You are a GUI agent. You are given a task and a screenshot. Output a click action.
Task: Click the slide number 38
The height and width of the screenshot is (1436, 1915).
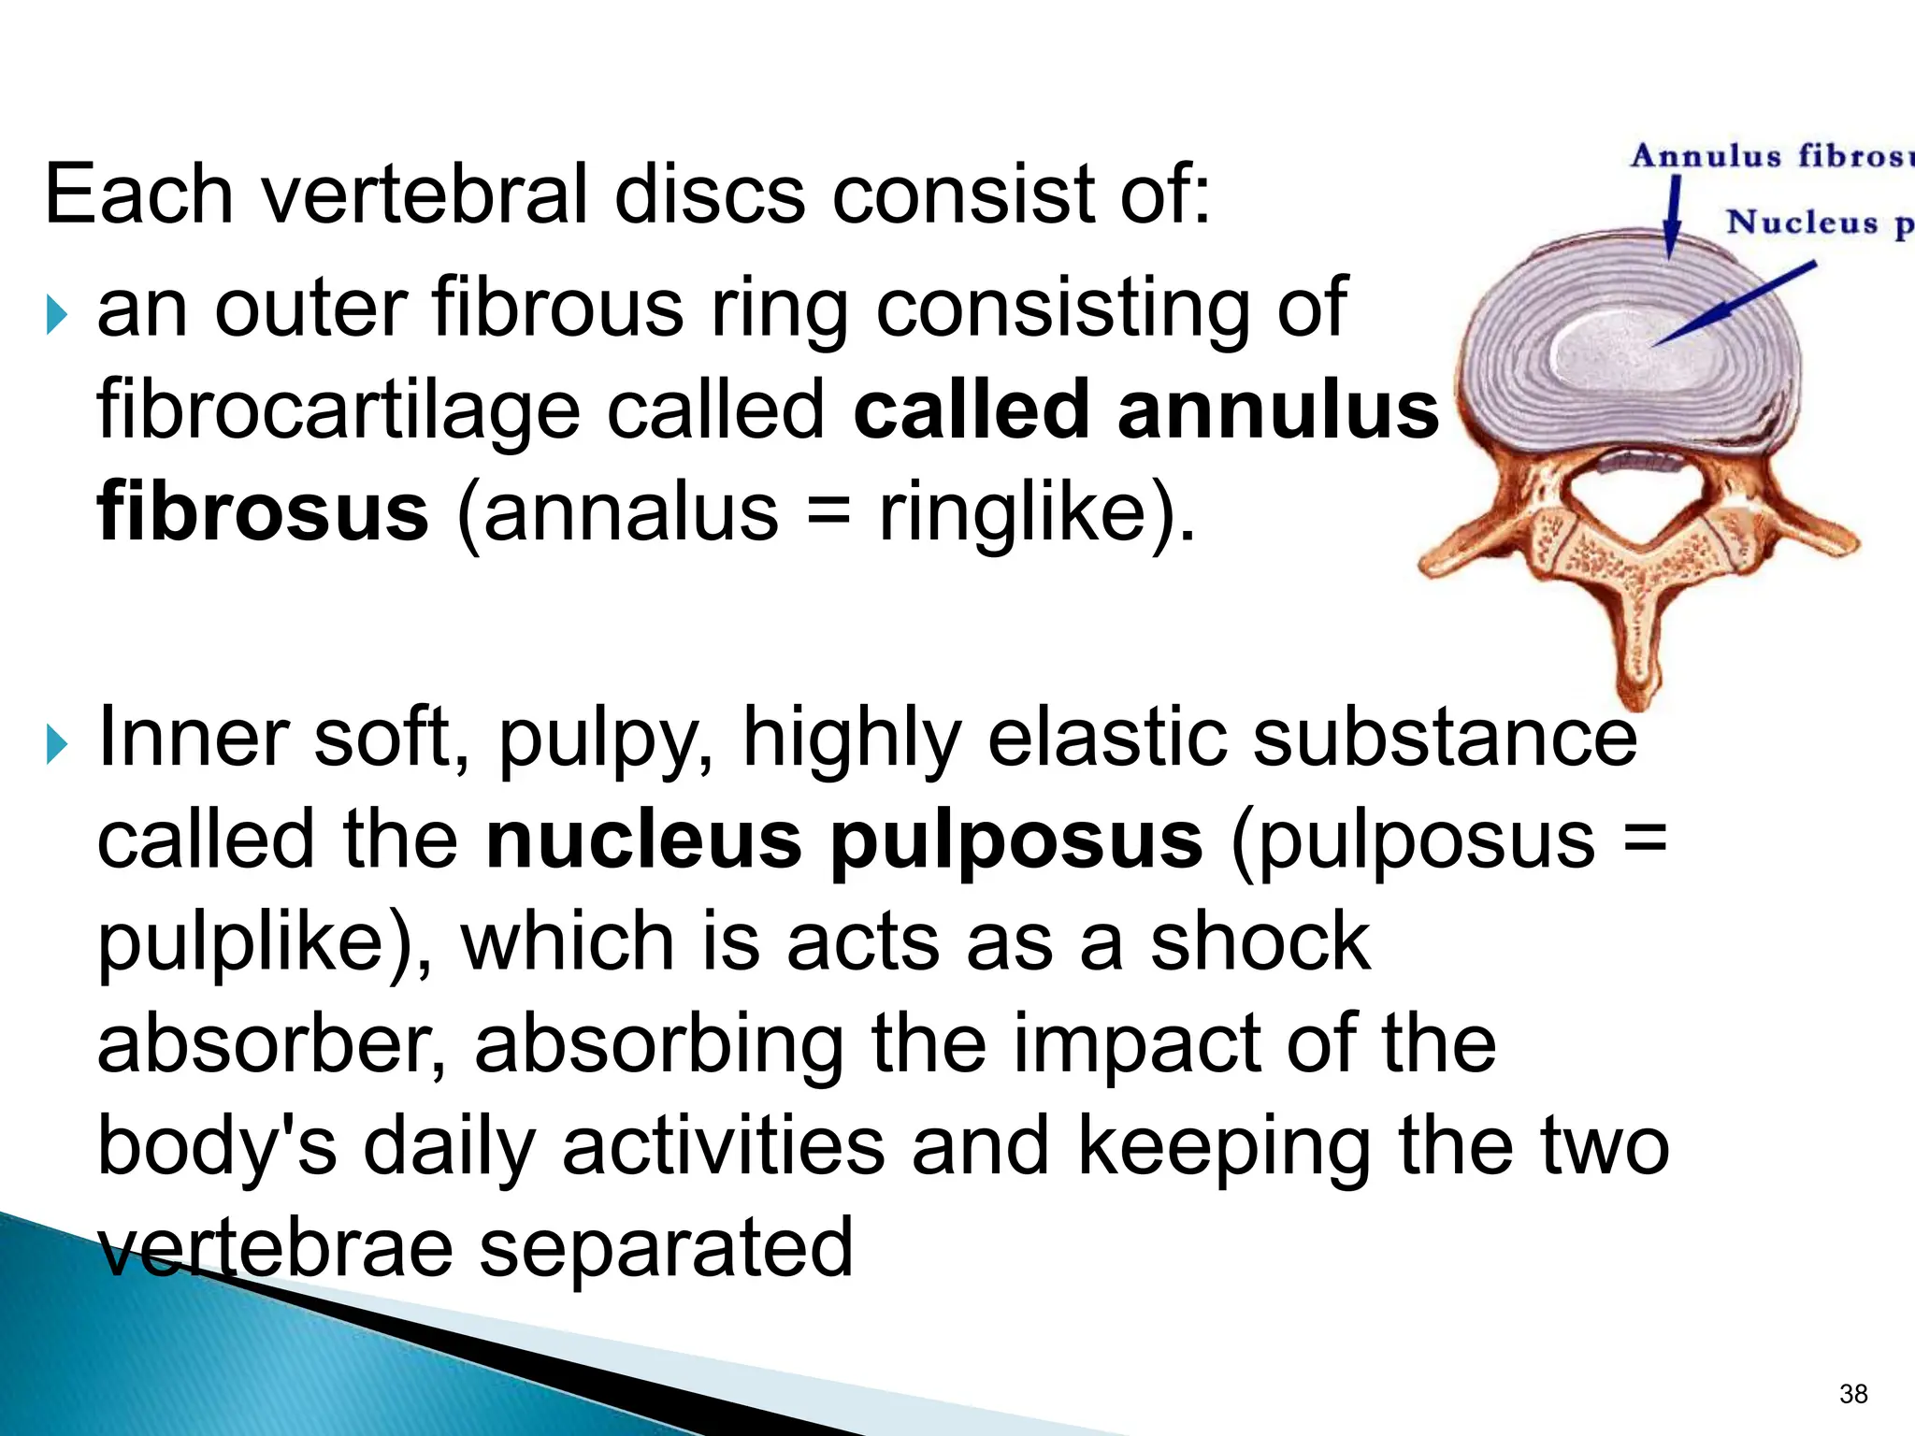pos(1852,1394)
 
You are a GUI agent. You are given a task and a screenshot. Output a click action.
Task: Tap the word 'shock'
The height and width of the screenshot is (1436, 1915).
pos(1259,942)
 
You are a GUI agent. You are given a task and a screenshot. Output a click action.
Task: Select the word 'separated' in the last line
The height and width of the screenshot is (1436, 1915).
pos(666,1247)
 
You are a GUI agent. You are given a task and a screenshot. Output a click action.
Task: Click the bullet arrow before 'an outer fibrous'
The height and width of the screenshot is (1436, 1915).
pos(57,316)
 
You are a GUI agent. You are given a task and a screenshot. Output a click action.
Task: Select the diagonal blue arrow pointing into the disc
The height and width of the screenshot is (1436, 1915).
pos(1735,304)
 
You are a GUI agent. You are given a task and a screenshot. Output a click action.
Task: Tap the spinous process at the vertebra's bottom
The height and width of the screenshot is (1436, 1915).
pos(1636,645)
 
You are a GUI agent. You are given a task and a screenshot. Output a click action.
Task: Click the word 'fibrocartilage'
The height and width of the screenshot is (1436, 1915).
pos(338,411)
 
